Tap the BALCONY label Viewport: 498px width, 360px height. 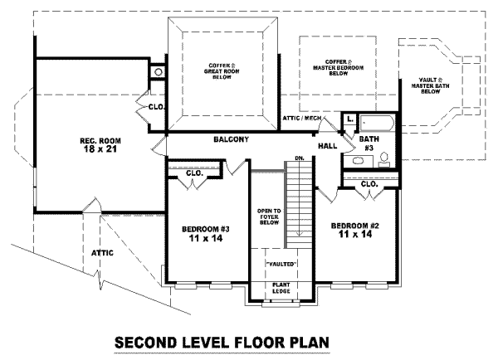tap(231, 139)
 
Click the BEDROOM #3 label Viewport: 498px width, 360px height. tap(207, 232)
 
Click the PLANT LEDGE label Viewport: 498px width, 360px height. tap(281, 289)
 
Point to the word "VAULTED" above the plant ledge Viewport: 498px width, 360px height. tap(281, 264)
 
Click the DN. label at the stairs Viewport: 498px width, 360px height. tap(299, 158)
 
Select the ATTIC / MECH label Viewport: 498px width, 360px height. tap(301, 118)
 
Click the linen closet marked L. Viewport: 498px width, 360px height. tap(349, 121)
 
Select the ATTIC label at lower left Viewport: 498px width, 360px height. tap(102, 252)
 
